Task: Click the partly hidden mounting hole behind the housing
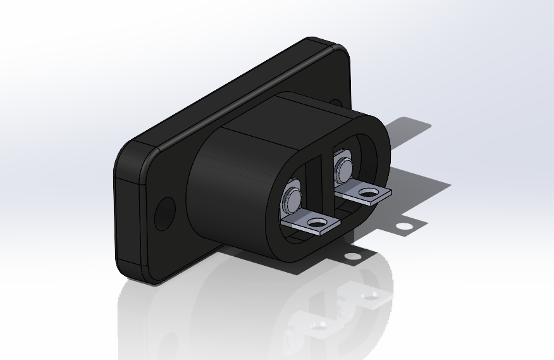tap(336, 102)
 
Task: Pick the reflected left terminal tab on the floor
tap(316, 325)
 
